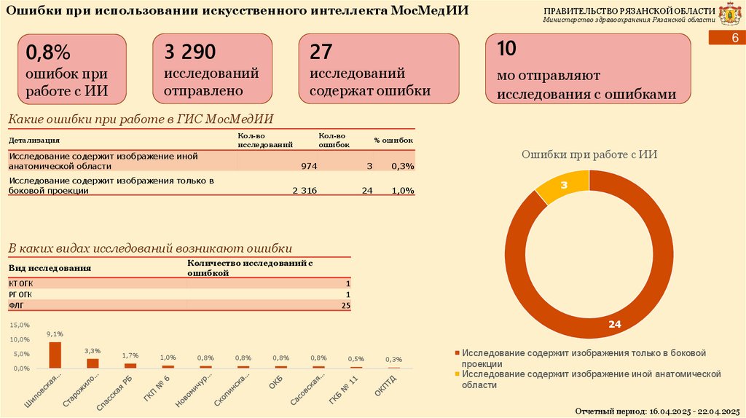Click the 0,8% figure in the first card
tap(48, 52)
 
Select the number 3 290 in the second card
tap(190, 52)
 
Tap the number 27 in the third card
tap(321, 52)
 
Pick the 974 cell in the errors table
tap(309, 167)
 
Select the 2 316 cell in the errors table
tap(305, 190)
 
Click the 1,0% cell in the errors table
tap(403, 190)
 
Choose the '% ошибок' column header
tap(394, 140)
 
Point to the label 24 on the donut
tap(614, 324)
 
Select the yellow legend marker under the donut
tap(457, 374)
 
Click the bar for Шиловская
tap(55, 355)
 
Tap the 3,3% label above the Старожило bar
tap(93, 351)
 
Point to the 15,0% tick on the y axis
tap(20, 325)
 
